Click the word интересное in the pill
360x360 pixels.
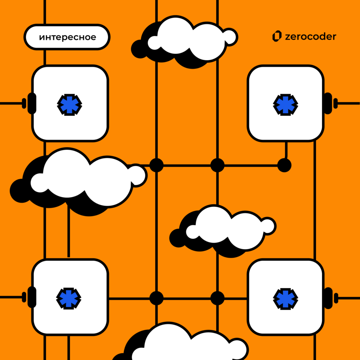pos(67,37)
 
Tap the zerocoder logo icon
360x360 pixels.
pos(277,36)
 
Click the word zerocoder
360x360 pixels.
pos(311,36)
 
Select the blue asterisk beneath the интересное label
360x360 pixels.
pos(69,105)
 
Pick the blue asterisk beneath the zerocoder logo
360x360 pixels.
pos(285,105)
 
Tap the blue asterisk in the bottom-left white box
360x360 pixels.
pos(69,298)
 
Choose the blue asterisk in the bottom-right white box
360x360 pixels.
pos(285,299)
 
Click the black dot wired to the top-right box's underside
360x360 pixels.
pos(284,165)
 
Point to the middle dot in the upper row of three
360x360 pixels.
pos(217,165)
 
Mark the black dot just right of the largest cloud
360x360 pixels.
pos(156,165)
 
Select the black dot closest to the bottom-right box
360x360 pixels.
pos(217,298)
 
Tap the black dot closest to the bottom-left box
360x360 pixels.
pos(156,298)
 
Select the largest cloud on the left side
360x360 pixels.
pos(78,182)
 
